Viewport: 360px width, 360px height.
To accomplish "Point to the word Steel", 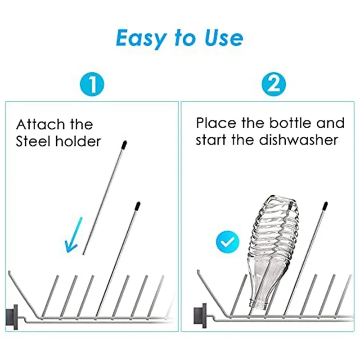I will pyautogui.click(x=33, y=141).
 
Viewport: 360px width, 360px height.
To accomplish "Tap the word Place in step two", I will pyautogui.click(x=216, y=123).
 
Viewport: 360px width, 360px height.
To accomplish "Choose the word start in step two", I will pyautogui.click(x=211, y=140).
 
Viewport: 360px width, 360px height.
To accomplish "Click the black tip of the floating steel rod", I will pyautogui.click(x=124, y=144).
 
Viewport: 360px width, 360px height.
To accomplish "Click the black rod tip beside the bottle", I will pyautogui.click(x=325, y=206).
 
